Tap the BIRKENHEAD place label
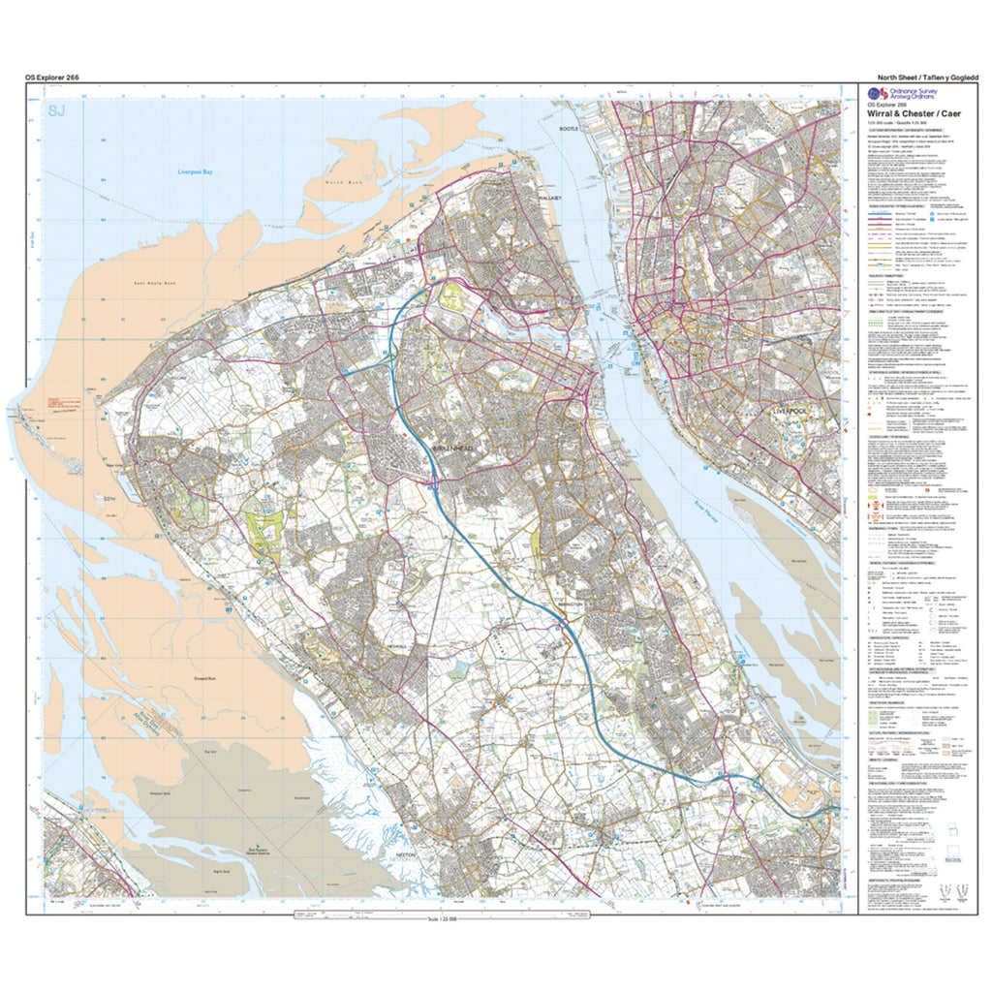coord(451,449)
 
